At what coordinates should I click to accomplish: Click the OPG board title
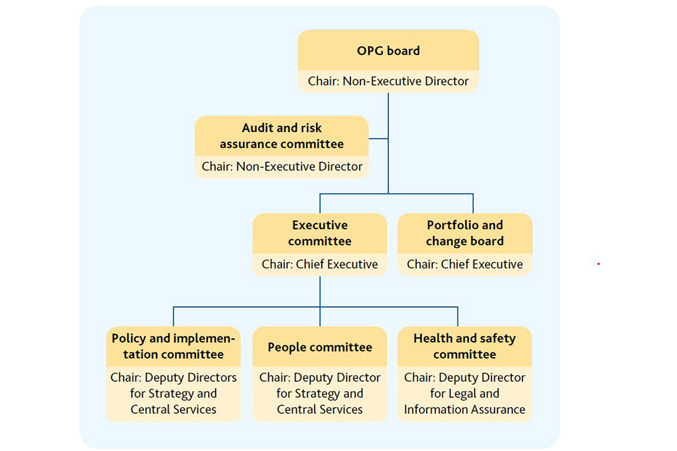pos(388,51)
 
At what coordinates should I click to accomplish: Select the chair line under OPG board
pos(388,81)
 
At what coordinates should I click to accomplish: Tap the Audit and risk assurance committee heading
pos(281,136)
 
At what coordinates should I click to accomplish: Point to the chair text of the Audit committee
pos(281,167)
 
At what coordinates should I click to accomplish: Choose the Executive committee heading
pos(319,233)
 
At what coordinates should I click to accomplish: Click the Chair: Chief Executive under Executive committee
pos(319,265)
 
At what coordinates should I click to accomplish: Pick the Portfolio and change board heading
pos(465,233)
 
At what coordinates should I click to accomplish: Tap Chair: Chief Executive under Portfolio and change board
pos(465,265)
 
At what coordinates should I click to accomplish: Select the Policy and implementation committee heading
pos(173,346)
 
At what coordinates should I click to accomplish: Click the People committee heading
pos(319,347)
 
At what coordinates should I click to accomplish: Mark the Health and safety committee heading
pos(465,346)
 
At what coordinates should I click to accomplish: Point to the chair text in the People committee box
pos(319,393)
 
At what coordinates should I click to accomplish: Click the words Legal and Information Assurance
pos(465,402)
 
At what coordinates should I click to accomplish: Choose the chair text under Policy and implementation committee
pos(173,393)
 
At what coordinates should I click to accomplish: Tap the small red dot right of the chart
pos(598,264)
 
